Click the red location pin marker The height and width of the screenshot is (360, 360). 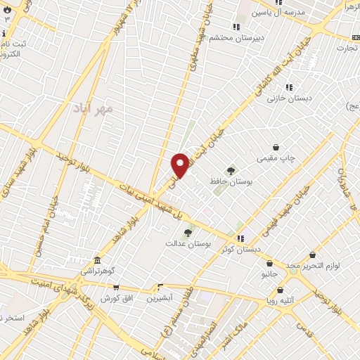pos(180,165)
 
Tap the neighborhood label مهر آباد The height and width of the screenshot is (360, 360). pos(91,110)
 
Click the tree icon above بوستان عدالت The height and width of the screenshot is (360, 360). pos(188,233)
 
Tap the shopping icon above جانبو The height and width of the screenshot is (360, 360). pos(269,263)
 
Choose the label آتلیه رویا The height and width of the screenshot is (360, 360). pos(280,300)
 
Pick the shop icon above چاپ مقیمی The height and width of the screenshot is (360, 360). pos(276,148)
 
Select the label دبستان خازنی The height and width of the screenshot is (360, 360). pos(284,98)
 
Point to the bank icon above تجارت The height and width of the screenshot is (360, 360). pos(354,37)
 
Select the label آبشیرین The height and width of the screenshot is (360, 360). pos(160,298)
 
